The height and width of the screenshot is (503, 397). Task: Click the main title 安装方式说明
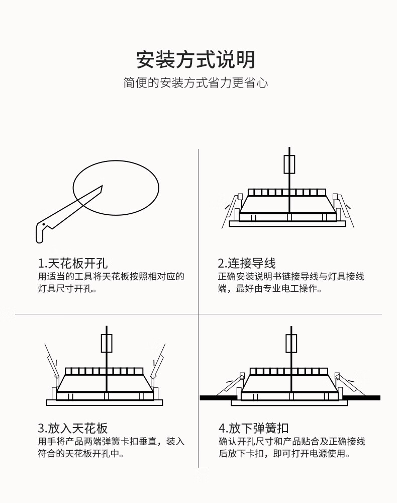click(x=196, y=60)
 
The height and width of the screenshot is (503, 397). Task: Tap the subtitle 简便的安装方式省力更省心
click(x=196, y=83)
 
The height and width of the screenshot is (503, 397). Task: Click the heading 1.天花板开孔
click(x=73, y=264)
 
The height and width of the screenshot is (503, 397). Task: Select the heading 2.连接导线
click(x=247, y=264)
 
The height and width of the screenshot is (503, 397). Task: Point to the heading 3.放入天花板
click(x=73, y=428)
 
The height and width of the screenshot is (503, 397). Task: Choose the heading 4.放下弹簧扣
click(x=254, y=428)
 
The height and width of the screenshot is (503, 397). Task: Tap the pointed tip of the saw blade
click(x=102, y=186)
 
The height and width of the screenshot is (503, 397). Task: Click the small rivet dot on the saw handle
click(x=43, y=224)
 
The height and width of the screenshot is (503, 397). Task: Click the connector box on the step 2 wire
click(x=289, y=164)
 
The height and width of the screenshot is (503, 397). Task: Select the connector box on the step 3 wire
click(x=107, y=343)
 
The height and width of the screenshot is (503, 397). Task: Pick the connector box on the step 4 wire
click(x=291, y=343)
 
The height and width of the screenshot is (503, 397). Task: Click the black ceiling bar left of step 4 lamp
click(x=218, y=398)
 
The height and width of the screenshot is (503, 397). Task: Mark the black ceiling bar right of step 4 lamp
click(x=361, y=398)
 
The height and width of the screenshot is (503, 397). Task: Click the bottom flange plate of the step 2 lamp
click(x=287, y=224)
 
